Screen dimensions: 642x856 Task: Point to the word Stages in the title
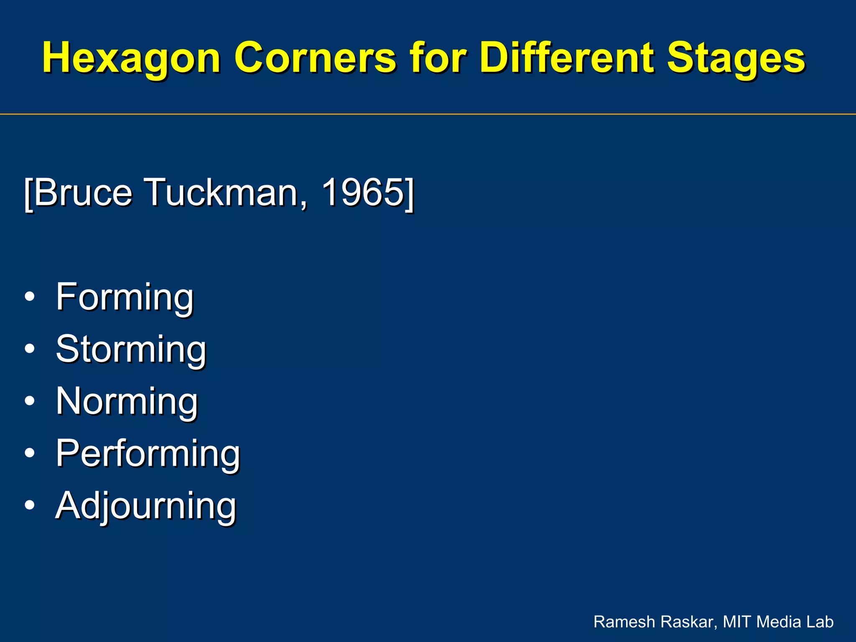tap(736, 59)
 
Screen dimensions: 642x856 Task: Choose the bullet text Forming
tap(125, 297)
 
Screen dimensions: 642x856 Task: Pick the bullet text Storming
tap(131, 349)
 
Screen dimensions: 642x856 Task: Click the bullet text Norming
tap(127, 401)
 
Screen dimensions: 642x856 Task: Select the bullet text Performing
tap(148, 453)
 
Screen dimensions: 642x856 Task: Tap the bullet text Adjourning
tap(146, 506)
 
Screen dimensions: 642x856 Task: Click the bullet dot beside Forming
tap(30, 297)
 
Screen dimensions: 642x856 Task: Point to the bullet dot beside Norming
tap(30, 401)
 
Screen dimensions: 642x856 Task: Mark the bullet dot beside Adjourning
tap(30, 505)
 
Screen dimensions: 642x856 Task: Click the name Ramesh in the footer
tap(620, 622)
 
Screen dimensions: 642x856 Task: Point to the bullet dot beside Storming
tap(30, 349)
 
